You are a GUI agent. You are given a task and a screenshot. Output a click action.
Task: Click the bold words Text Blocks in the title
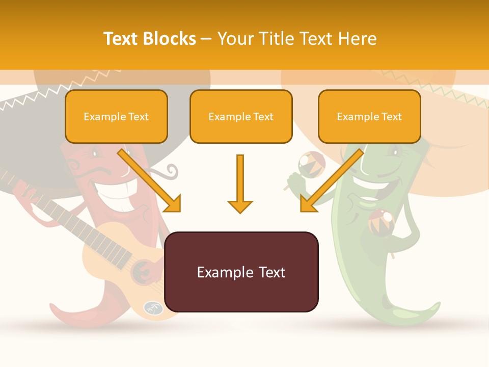pyautogui.click(x=150, y=39)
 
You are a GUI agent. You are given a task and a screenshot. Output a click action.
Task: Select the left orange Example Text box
pyautogui.click(x=116, y=117)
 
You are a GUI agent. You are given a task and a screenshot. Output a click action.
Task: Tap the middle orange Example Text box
pyautogui.click(x=241, y=117)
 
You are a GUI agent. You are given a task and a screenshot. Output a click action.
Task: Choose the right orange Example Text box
pyautogui.click(x=369, y=117)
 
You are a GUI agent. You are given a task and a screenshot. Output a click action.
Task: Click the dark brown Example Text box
pyautogui.click(x=241, y=272)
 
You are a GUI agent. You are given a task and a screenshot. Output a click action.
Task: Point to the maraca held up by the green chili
pyautogui.click(x=311, y=163)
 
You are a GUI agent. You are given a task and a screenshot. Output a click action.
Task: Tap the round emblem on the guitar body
pyautogui.click(x=153, y=307)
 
